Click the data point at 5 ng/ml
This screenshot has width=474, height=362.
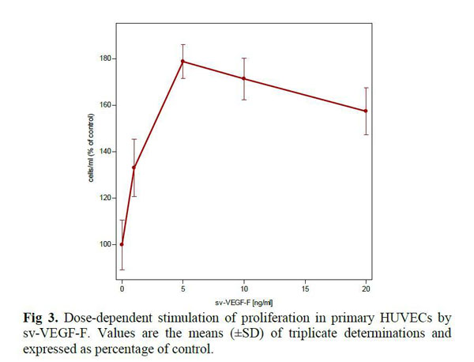click(x=182, y=61)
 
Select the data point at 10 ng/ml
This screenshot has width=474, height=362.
click(x=244, y=78)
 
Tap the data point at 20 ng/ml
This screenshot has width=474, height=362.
click(x=366, y=111)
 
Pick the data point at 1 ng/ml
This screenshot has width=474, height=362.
click(x=134, y=168)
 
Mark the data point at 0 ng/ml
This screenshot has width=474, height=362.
click(x=122, y=244)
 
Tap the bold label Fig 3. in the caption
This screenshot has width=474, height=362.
click(x=41, y=318)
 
